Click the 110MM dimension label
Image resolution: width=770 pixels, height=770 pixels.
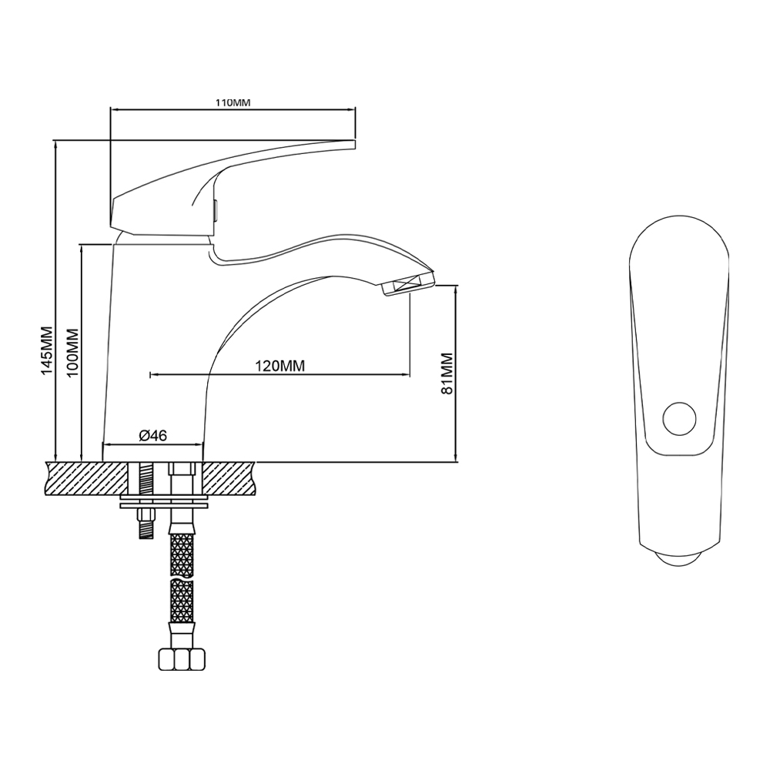click(x=233, y=102)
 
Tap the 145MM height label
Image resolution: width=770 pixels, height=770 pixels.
click(x=47, y=350)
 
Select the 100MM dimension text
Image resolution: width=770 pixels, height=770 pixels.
click(x=72, y=353)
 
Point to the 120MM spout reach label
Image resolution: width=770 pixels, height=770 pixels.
click(x=280, y=366)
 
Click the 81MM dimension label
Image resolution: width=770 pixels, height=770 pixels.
click(x=447, y=373)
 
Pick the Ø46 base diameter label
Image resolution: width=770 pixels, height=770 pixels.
click(x=152, y=435)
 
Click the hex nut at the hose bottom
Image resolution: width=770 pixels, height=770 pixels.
click(x=182, y=659)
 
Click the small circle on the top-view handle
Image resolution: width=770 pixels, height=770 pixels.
click(x=679, y=419)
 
